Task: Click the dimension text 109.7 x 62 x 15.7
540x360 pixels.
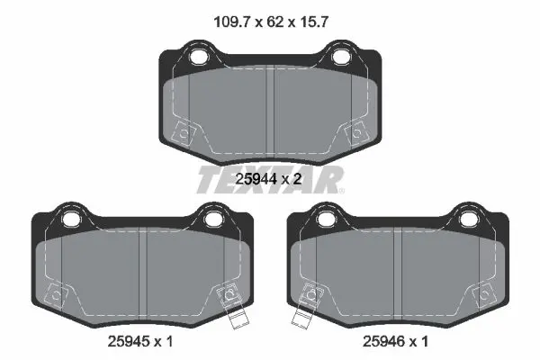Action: (x=271, y=22)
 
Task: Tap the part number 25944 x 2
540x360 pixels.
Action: (x=268, y=179)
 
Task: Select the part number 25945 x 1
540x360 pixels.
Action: (x=140, y=341)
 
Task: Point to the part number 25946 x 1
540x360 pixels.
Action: (x=396, y=341)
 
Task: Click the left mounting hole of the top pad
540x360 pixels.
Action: (x=198, y=57)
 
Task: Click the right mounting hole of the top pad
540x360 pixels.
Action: (x=339, y=57)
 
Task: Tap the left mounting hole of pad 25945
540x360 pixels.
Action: (x=70, y=219)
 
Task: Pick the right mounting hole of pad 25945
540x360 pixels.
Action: (x=212, y=219)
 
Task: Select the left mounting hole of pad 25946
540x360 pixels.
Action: (x=325, y=219)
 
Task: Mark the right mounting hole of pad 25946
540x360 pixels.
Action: (x=467, y=219)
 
